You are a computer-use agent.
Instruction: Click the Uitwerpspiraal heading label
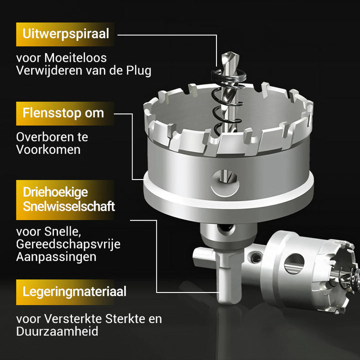pyautogui.click(x=65, y=34)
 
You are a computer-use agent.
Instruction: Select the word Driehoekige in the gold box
pyautogui.click(x=55, y=192)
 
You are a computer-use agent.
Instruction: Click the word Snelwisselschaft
pyautogui.click(x=69, y=206)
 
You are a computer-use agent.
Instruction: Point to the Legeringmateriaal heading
pyautogui.click(x=74, y=292)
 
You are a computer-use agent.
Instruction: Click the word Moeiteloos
pyautogui.click(x=75, y=57)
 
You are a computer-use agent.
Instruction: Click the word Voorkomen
pyautogui.click(x=48, y=149)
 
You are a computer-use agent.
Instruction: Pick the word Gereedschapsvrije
pyautogui.click(x=68, y=244)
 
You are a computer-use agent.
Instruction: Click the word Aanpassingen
pyautogui.click(x=56, y=257)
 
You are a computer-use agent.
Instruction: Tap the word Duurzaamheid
pyautogui.click(x=57, y=331)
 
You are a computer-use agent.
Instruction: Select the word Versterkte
pyautogui.click(x=73, y=318)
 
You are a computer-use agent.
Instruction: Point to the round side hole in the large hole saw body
pyautogui.click(x=225, y=183)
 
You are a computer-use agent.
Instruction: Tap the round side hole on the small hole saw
pyautogui.click(x=294, y=264)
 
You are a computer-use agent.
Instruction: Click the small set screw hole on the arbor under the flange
pyautogui.click(x=226, y=228)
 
